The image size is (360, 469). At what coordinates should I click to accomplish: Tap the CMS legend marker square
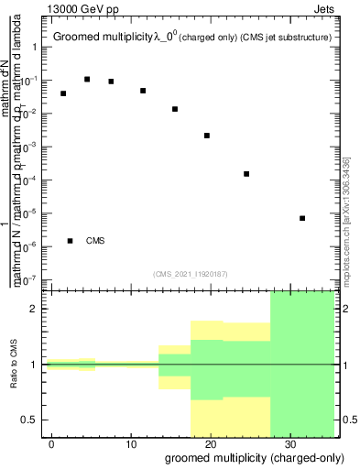coord(70,241)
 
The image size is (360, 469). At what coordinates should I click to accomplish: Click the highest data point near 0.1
coord(87,79)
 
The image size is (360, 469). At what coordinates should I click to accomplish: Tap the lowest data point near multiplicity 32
coord(302,218)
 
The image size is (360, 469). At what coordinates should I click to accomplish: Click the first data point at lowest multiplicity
coord(63,93)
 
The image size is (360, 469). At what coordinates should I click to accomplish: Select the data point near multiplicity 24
coord(246,174)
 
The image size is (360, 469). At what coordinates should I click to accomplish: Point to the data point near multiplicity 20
coord(207,136)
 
